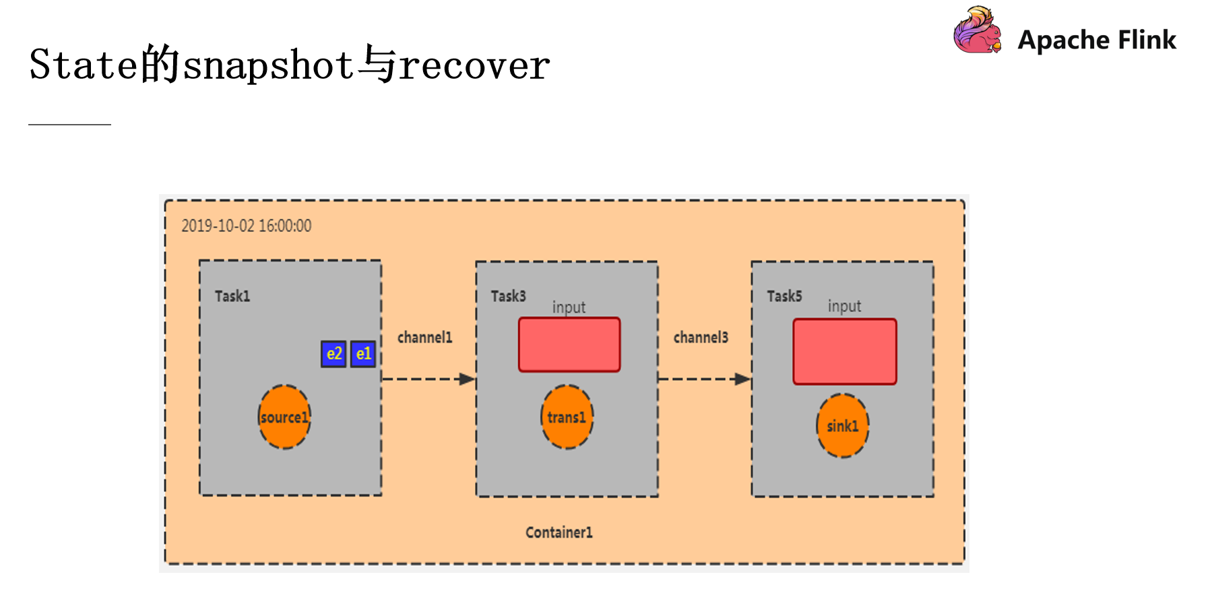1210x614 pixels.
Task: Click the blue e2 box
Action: click(x=333, y=354)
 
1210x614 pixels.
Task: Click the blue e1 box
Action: click(x=362, y=354)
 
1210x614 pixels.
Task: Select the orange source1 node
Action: click(x=284, y=417)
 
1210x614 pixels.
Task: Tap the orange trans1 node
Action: click(x=567, y=417)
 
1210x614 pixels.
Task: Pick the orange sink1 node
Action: click(x=842, y=426)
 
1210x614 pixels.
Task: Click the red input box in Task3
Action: click(x=569, y=344)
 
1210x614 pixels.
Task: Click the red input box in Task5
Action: click(x=845, y=352)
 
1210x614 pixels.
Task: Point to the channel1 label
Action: click(x=424, y=338)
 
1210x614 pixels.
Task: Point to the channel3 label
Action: click(x=701, y=338)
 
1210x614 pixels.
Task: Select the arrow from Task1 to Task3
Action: click(x=428, y=379)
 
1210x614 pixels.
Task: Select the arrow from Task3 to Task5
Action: click(x=704, y=379)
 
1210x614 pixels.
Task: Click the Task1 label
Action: click(x=232, y=297)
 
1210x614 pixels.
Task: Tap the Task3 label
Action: click(x=508, y=297)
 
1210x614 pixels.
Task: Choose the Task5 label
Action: click(x=784, y=297)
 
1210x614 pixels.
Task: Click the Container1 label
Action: click(x=559, y=532)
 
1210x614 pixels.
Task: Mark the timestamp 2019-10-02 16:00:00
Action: click(x=247, y=226)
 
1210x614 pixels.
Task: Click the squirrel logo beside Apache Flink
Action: click(x=977, y=31)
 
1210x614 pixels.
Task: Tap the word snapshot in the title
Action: click(x=268, y=65)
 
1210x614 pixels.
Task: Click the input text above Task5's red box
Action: click(x=844, y=306)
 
